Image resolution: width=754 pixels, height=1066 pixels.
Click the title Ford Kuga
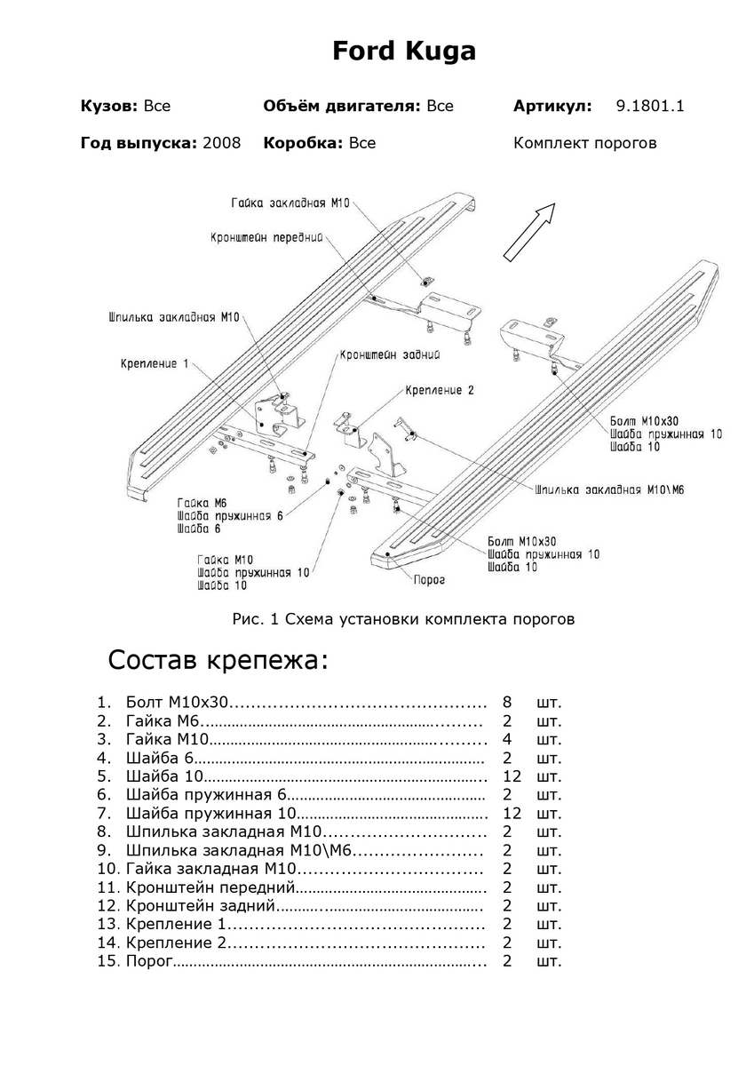coord(404,52)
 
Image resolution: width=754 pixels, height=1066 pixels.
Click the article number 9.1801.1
coord(650,107)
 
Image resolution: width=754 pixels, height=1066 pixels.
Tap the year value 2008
coord(221,143)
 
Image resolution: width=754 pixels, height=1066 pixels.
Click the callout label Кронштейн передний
coord(266,238)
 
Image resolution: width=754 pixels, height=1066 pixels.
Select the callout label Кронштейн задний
coord(391,354)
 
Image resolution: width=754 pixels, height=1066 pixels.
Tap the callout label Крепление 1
coord(155,363)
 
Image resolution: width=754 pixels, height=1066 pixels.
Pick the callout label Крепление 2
coord(440,390)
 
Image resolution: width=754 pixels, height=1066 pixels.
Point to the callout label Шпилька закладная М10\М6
coord(609,489)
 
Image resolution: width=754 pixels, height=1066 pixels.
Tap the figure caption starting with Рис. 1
coord(403,619)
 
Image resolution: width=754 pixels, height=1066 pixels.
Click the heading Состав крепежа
coord(218,661)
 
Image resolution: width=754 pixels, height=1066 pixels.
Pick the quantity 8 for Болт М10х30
coord(507,703)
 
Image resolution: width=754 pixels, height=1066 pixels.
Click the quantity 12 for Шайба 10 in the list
coord(511,776)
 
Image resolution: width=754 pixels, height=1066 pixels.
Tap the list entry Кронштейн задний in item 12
coord(202,906)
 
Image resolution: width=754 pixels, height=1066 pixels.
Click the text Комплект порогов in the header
coord(585,143)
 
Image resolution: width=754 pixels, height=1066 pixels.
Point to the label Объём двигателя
coord(341,107)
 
